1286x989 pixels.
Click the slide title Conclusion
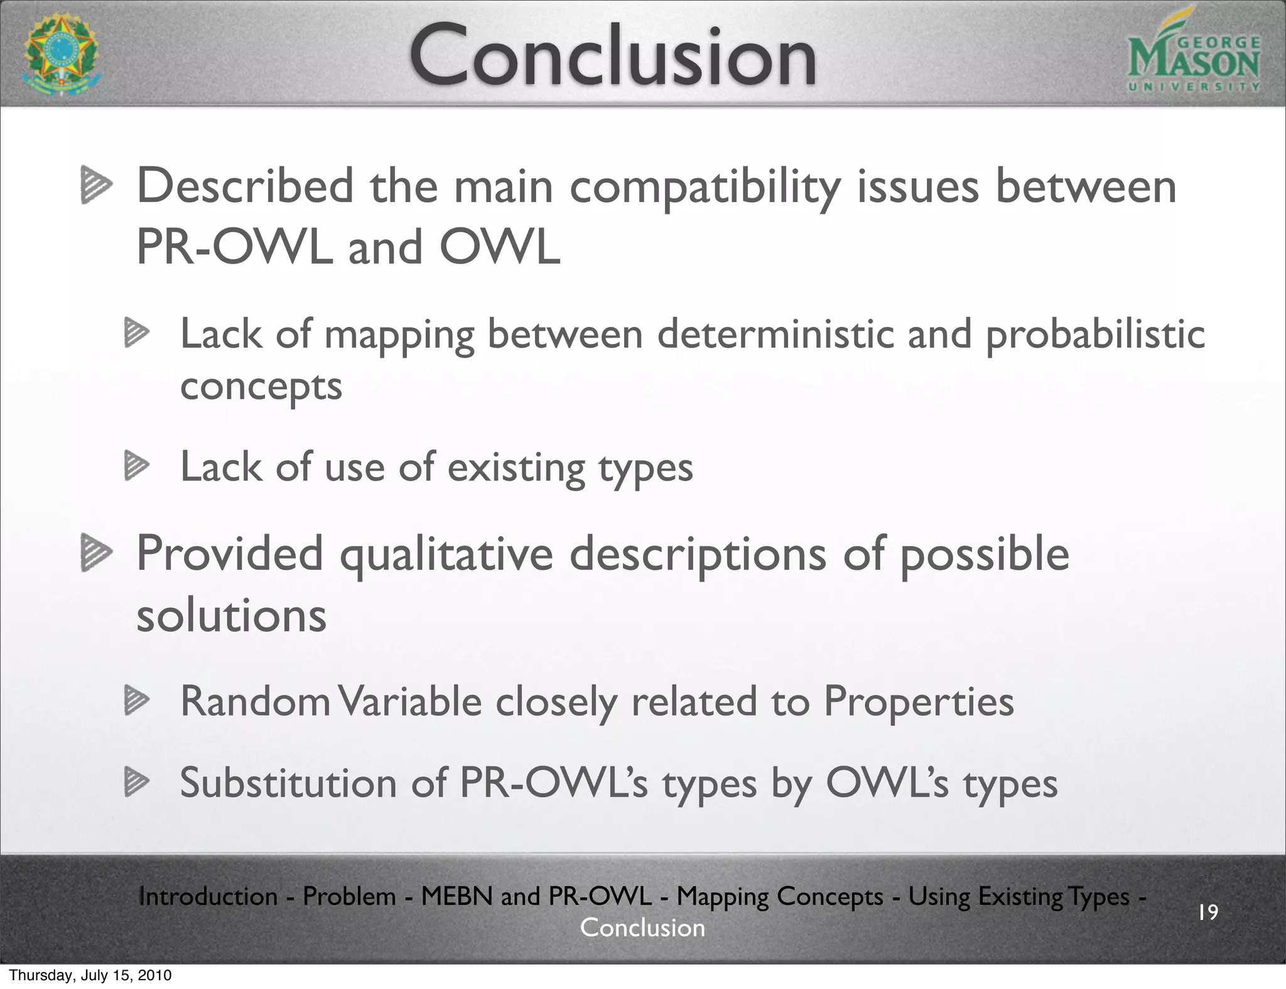pos(612,55)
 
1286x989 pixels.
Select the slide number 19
pos(1208,912)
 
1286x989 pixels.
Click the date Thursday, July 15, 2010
pos(90,975)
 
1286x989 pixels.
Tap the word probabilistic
pos(1095,334)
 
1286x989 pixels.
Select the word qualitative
pos(446,554)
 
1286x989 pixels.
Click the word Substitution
pos(288,783)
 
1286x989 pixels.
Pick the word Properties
pos(918,701)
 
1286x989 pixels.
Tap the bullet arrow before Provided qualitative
pos(96,554)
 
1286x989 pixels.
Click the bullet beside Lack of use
pos(136,466)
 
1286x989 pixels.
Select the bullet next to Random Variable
pos(136,700)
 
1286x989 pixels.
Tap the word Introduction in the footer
pos(208,896)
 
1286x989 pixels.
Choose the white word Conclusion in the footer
pos(642,928)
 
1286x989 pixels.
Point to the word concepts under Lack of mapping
pos(261,387)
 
